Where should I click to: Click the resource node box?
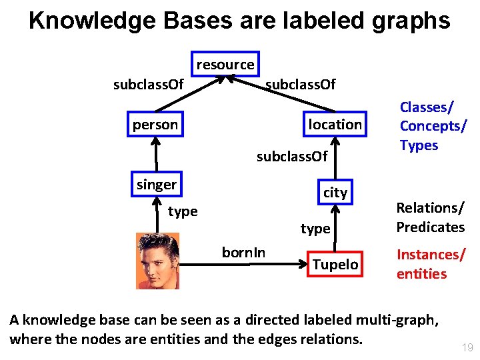225,65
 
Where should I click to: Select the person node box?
155,125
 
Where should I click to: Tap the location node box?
335,125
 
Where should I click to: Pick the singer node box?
157,185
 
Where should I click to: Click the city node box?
335,193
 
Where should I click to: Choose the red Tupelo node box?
335,265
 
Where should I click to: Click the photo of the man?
157,261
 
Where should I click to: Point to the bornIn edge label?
243,253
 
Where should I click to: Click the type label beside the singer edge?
183,211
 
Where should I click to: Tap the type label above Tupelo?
315,229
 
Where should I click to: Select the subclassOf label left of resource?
148,85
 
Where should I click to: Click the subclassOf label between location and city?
292,157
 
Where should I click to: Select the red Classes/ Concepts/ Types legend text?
432,126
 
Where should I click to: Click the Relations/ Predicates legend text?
430,217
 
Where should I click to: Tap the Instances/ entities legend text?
430,264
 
